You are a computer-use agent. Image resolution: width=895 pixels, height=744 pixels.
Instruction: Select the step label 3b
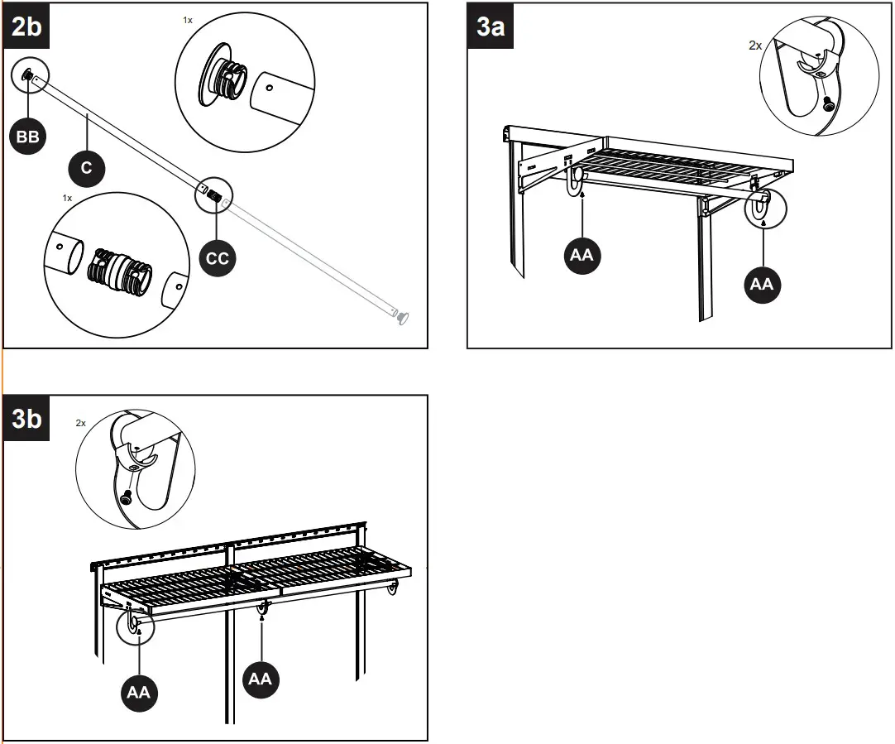pyautogui.click(x=26, y=419)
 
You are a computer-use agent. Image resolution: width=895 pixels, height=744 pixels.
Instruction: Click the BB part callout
pyautogui.click(x=28, y=137)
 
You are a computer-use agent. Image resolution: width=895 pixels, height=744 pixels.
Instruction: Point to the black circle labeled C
pyautogui.click(x=87, y=168)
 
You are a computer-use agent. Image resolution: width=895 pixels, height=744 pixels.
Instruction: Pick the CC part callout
pyautogui.click(x=217, y=258)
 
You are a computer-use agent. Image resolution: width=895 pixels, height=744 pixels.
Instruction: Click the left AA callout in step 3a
pyautogui.click(x=582, y=255)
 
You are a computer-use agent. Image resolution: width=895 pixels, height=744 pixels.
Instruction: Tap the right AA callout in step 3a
pyautogui.click(x=761, y=283)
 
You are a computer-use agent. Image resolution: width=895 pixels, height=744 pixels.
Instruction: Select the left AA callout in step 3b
pyautogui.click(x=138, y=692)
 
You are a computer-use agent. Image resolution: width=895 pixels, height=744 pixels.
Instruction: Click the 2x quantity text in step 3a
pyautogui.click(x=754, y=46)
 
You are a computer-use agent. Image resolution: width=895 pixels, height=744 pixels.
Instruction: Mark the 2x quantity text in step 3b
pyautogui.click(x=81, y=422)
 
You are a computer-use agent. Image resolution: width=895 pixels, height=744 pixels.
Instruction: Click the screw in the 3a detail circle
pyautogui.click(x=828, y=103)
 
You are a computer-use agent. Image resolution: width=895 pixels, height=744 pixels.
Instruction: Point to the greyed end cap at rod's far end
pyautogui.click(x=403, y=317)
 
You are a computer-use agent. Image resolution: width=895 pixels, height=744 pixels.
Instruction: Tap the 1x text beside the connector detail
pyautogui.click(x=68, y=199)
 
